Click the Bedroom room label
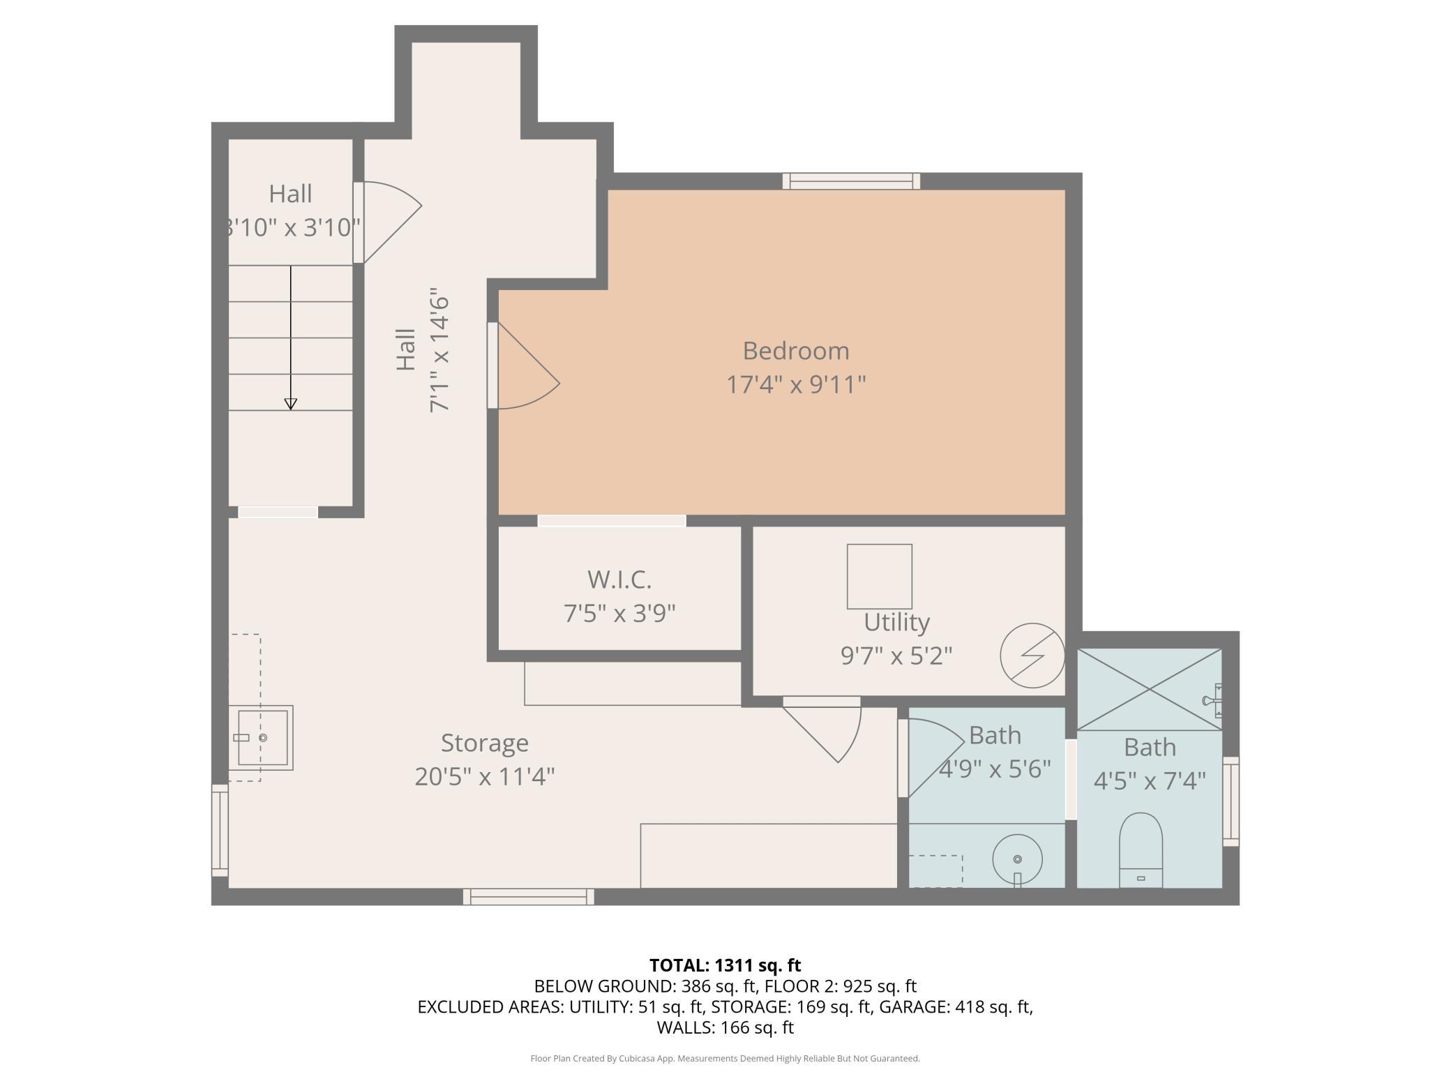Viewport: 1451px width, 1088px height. [x=796, y=351]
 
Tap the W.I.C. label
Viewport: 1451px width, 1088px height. [x=619, y=580]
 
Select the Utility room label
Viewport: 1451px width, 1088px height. [x=896, y=622]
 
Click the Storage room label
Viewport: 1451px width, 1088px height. [x=484, y=743]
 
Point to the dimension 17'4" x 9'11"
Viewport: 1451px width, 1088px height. [x=796, y=384]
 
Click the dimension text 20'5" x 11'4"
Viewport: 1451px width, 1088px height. [x=484, y=776]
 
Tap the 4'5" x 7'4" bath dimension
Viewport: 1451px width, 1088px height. [x=1150, y=781]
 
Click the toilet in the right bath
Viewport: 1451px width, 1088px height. [x=1141, y=850]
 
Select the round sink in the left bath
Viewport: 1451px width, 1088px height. [x=1017, y=860]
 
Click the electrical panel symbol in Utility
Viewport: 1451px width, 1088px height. [x=1032, y=656]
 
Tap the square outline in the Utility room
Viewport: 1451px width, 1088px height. [x=879, y=576]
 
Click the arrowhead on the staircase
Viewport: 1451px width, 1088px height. [x=291, y=404]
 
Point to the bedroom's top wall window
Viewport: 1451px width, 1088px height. [x=851, y=181]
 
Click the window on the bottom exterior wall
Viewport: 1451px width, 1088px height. [x=529, y=897]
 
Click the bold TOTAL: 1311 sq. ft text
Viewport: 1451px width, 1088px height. [x=725, y=965]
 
